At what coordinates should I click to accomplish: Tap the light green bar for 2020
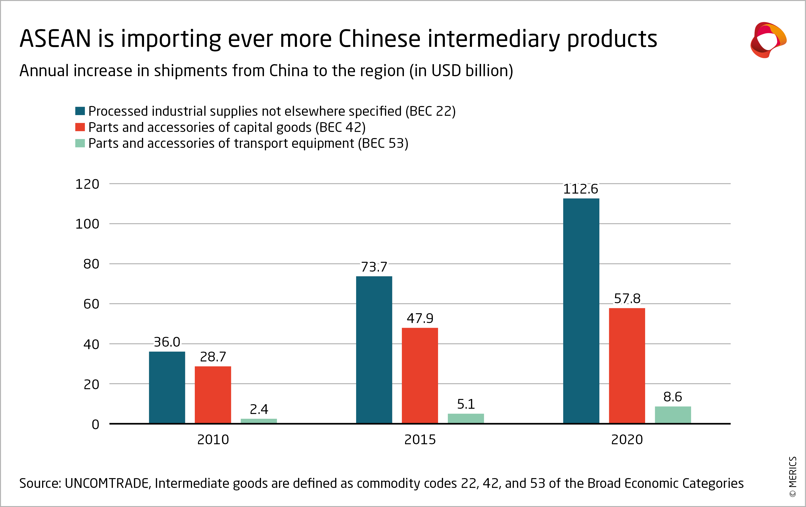coord(673,415)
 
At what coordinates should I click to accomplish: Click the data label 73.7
coord(374,267)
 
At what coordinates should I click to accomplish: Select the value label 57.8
coord(627,298)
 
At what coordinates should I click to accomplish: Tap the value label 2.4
coord(259,409)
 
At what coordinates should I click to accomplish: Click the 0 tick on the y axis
coord(95,424)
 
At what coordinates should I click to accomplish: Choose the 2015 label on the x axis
coord(420,439)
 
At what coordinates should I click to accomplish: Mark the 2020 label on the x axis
coord(627,439)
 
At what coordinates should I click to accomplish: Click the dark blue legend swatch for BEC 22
coord(80,111)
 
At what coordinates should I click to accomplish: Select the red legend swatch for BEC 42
coord(80,127)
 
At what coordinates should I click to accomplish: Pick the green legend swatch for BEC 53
coord(80,143)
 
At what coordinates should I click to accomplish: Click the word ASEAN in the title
coord(55,38)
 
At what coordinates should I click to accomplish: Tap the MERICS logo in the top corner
coord(768,40)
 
